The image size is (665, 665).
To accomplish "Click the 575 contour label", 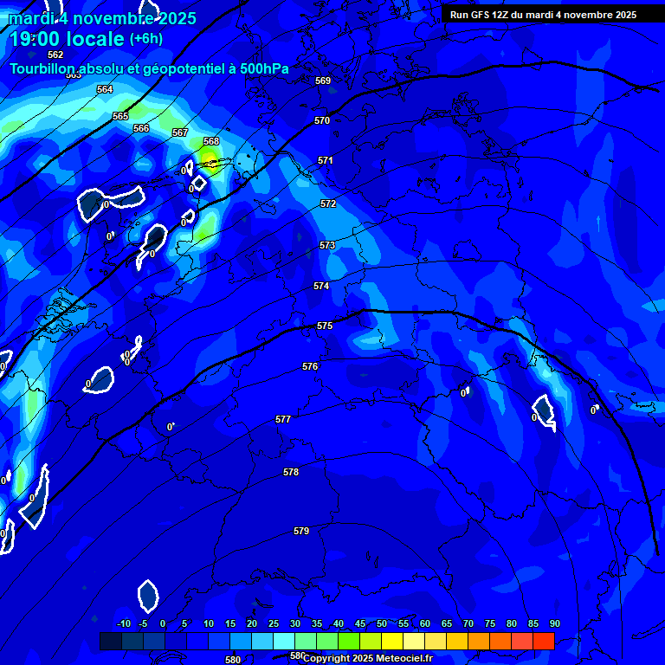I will click(x=325, y=326).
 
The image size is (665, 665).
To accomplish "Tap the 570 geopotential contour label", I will click(x=322, y=120).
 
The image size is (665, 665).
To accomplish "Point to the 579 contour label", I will click(x=301, y=531).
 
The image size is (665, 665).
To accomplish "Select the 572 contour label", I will click(x=328, y=203).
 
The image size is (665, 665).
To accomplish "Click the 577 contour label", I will click(x=283, y=419).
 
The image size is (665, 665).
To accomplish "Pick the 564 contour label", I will click(x=105, y=89).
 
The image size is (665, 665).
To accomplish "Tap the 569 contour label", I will click(x=323, y=81).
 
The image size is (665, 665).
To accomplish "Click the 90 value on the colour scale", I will click(x=554, y=624).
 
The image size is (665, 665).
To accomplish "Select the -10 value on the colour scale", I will click(x=123, y=624).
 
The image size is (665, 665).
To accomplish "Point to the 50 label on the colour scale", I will click(x=382, y=624).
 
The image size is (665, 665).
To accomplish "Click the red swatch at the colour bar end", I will click(x=544, y=641).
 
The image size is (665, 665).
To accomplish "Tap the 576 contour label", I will click(x=310, y=366).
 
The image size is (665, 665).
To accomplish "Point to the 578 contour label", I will click(x=291, y=472).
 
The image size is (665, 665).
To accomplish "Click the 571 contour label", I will click(x=326, y=160).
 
